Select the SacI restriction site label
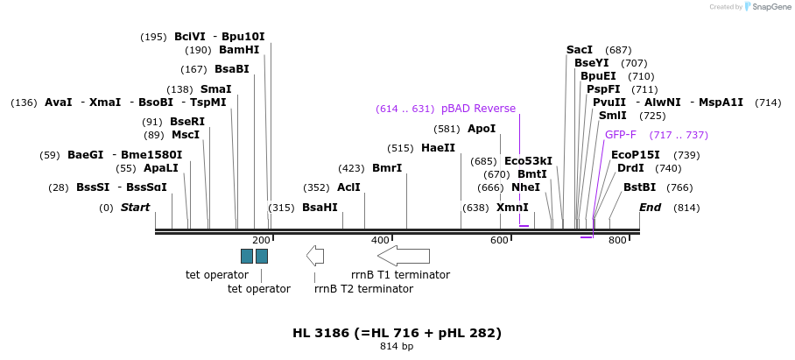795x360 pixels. click(x=580, y=50)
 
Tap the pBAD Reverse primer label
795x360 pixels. click(x=478, y=109)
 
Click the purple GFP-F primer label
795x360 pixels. click(x=621, y=135)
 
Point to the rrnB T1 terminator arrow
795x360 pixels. click(x=404, y=256)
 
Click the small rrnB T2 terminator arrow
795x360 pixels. click(x=315, y=256)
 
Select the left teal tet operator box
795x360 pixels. click(x=247, y=256)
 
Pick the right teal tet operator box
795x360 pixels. click(x=262, y=256)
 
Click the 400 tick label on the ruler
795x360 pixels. click(x=380, y=240)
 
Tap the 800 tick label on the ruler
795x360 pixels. click(x=617, y=240)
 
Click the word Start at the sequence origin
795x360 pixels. click(x=135, y=208)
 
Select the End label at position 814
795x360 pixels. click(x=651, y=208)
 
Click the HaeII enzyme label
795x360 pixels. click(x=438, y=148)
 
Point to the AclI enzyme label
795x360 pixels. click(x=348, y=187)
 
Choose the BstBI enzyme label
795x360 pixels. click(x=639, y=187)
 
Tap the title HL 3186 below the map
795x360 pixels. click(x=397, y=333)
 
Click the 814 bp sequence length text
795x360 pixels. click(x=397, y=347)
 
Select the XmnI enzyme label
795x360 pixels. click(x=512, y=208)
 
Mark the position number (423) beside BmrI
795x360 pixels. click(x=351, y=168)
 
